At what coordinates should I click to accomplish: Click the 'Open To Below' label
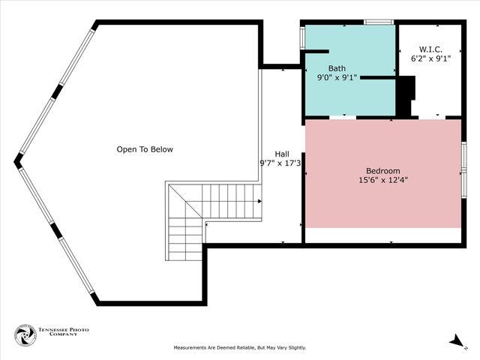click(144, 149)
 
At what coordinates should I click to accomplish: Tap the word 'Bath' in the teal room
click(337, 67)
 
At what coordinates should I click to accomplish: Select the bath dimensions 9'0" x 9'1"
click(337, 77)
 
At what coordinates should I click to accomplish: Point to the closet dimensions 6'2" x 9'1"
click(430, 57)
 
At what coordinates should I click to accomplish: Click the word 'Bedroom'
click(382, 170)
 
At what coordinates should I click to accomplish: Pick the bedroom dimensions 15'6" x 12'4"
click(382, 180)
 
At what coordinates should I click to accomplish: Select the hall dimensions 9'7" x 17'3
click(280, 163)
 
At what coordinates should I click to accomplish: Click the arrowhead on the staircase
click(259, 201)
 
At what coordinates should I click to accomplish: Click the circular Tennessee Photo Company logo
click(25, 335)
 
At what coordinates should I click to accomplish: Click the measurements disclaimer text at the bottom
click(240, 348)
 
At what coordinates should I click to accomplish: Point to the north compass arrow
click(457, 341)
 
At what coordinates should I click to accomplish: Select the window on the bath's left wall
click(302, 37)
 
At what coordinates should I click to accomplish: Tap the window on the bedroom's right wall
click(463, 168)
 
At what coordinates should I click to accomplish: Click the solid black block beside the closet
click(405, 97)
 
